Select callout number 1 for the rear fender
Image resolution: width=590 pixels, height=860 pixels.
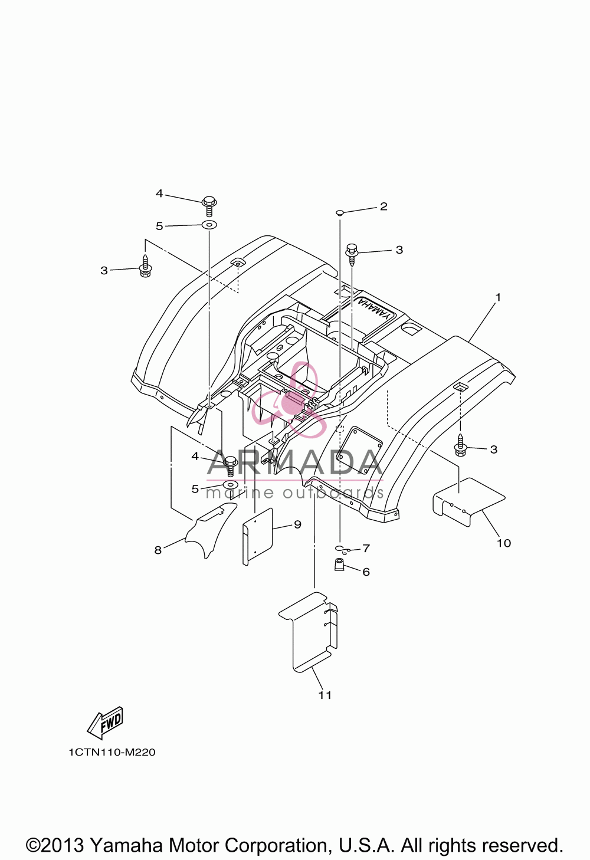(x=498, y=297)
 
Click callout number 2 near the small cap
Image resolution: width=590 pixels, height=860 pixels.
(x=383, y=206)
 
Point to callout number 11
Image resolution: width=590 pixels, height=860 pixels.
(x=325, y=695)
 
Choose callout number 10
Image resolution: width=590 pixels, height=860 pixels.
(x=504, y=543)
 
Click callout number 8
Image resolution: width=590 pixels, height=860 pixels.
(x=158, y=550)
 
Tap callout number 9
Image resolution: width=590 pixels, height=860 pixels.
(x=298, y=524)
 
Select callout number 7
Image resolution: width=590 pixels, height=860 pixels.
(x=366, y=548)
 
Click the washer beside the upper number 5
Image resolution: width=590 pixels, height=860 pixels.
(x=209, y=225)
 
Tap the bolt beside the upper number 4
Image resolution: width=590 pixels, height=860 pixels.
(x=209, y=205)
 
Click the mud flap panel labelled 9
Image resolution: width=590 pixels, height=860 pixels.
(x=257, y=536)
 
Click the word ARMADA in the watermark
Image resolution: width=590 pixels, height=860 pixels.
(x=295, y=462)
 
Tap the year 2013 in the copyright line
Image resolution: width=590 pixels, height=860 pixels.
(x=63, y=846)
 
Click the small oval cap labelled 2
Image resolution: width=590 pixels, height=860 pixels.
(x=340, y=212)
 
